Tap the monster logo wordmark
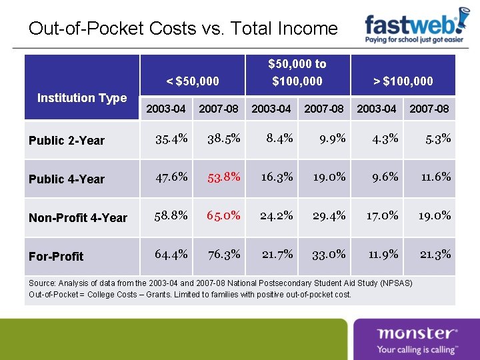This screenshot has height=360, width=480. point(417,333)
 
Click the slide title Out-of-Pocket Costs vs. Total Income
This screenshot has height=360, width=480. point(183,29)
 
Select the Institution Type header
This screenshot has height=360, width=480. point(82,98)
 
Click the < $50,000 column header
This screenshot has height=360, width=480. point(192,81)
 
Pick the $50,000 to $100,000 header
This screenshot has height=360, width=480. point(297,73)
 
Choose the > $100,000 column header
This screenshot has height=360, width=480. point(403,81)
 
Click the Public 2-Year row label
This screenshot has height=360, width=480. point(67,141)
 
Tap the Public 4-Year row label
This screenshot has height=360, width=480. point(67,179)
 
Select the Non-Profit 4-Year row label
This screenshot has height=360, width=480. point(78,218)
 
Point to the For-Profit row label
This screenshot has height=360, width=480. point(57,256)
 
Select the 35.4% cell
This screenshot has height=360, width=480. point(171,139)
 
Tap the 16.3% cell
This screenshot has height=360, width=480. point(277,177)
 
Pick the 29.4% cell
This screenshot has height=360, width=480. point(329,215)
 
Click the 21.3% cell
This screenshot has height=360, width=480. point(435,254)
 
